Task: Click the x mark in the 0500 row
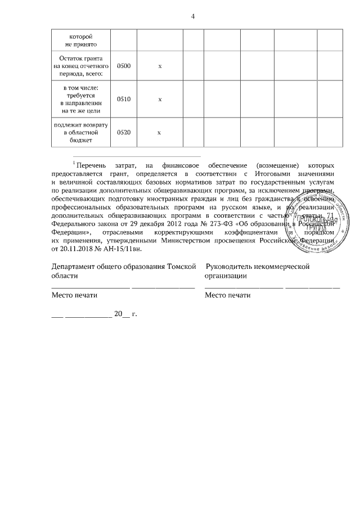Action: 160,66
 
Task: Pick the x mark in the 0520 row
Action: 160,132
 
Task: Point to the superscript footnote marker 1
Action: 73,163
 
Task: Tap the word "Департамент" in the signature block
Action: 77,266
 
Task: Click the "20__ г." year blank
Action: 125,314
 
